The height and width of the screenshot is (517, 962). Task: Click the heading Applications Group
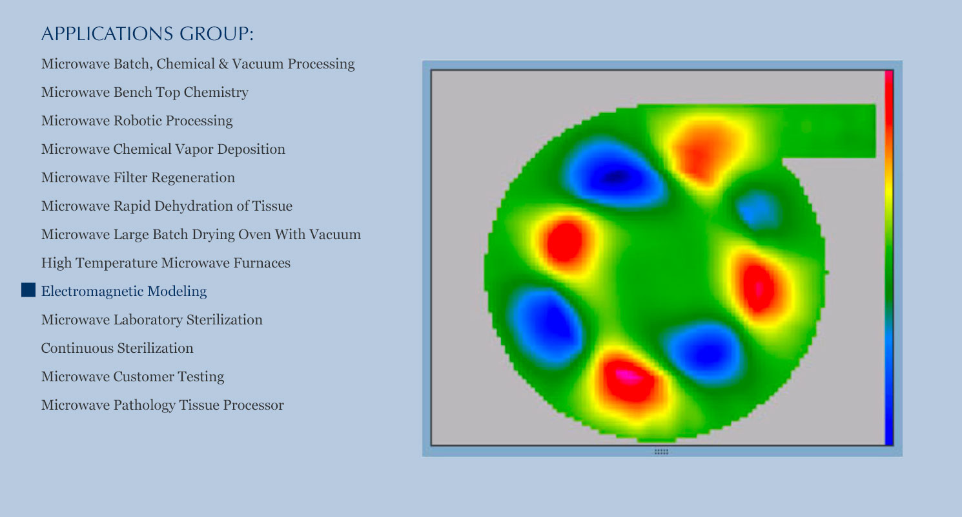pyautogui.click(x=147, y=34)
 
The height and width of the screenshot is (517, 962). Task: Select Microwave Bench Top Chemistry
pyautogui.click(x=145, y=92)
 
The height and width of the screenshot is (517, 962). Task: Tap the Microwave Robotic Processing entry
pyautogui.click(x=137, y=121)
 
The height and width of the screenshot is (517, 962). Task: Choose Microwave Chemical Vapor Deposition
pyautogui.click(x=163, y=149)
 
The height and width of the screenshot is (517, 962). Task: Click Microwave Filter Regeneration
pyautogui.click(x=138, y=178)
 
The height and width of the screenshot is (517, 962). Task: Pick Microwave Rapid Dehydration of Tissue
pyautogui.click(x=167, y=206)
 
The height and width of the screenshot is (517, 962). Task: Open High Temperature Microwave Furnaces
pyautogui.click(x=166, y=262)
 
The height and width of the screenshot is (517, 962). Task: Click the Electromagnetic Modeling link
pyautogui.click(x=124, y=291)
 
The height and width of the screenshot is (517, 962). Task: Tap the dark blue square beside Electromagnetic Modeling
pyautogui.click(x=28, y=290)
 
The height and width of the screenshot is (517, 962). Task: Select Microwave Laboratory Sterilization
pyautogui.click(x=152, y=320)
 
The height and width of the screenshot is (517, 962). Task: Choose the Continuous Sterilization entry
pyautogui.click(x=118, y=348)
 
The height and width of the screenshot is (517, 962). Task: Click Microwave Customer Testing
pyautogui.click(x=133, y=377)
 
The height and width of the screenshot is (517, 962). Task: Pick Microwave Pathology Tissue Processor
pyautogui.click(x=162, y=405)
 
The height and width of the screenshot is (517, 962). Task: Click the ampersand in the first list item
pyautogui.click(x=223, y=63)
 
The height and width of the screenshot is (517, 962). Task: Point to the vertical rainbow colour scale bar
pyautogui.click(x=889, y=258)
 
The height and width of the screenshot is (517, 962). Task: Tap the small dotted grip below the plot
pyautogui.click(x=661, y=452)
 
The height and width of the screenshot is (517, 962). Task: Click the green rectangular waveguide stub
pyautogui.click(x=829, y=131)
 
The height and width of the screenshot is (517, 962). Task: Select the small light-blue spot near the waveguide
pyautogui.click(x=758, y=211)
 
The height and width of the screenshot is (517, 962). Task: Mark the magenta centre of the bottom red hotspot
pyautogui.click(x=628, y=375)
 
